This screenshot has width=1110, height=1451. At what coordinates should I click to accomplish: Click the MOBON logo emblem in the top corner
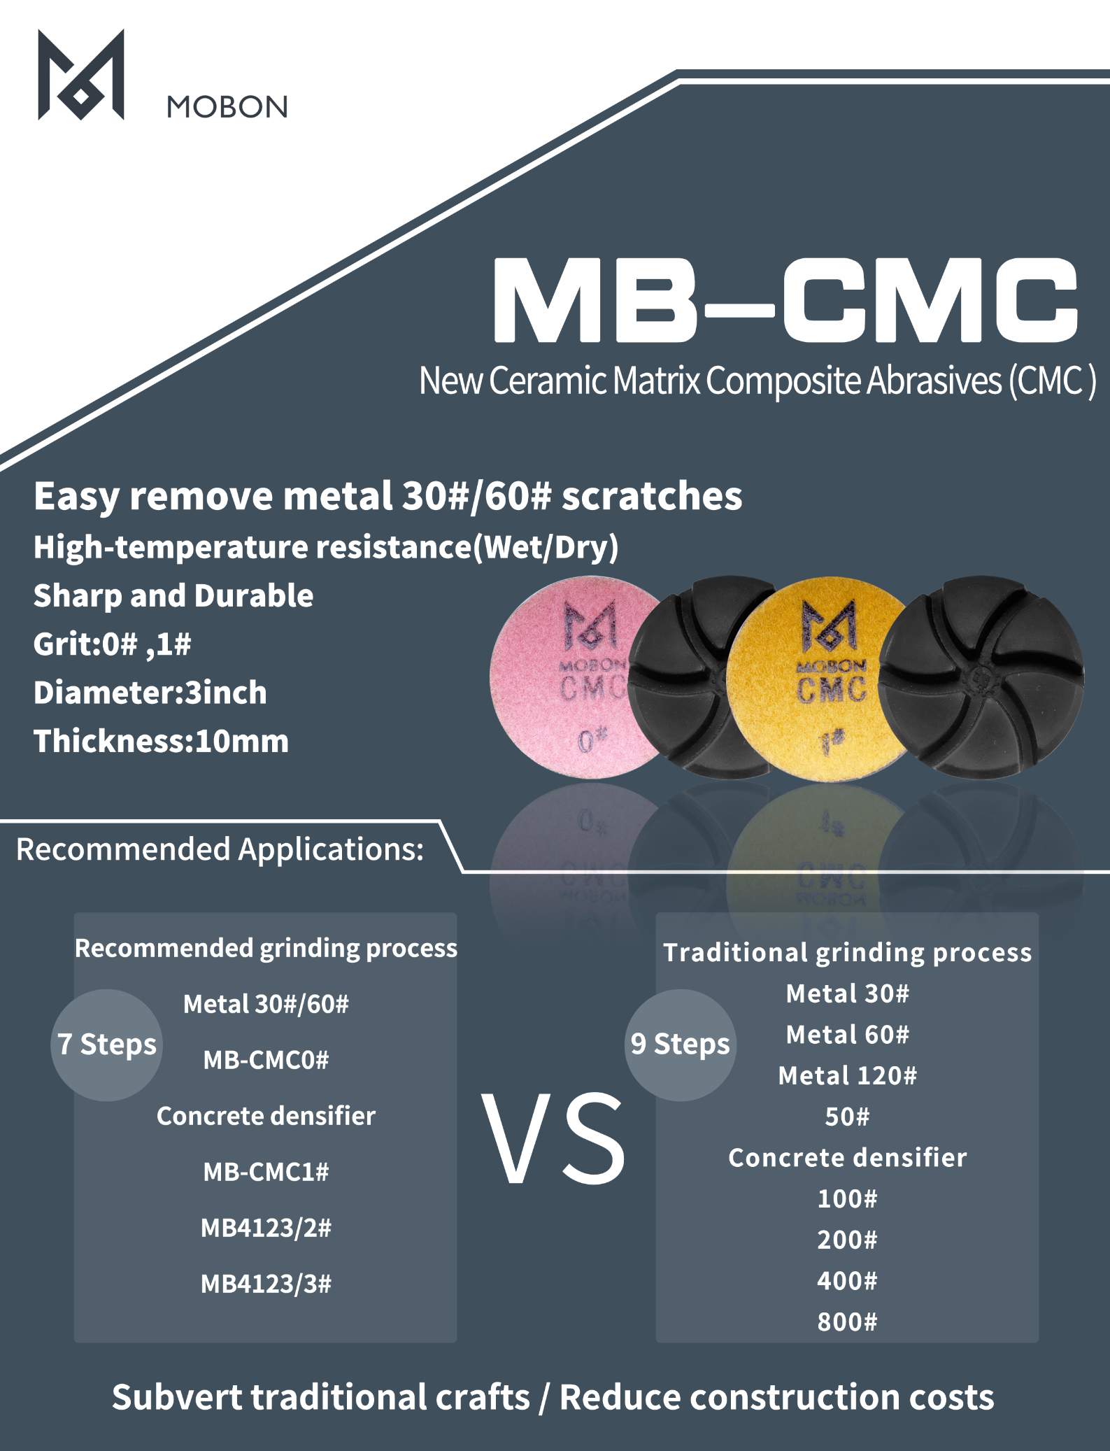pos(81,75)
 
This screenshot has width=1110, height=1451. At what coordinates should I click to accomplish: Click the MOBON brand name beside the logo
pos(227,107)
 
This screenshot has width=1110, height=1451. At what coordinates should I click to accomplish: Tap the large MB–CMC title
pos(785,300)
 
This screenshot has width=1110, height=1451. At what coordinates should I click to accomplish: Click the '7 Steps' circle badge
pos(107,1045)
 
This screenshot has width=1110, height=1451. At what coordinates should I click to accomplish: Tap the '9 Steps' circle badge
pos(681,1045)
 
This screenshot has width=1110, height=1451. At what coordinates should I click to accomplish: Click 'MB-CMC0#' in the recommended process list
pos(266,1060)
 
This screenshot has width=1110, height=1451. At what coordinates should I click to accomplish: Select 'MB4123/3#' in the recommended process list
pos(266,1284)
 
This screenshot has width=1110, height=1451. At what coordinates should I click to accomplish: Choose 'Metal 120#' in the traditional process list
pos(847,1075)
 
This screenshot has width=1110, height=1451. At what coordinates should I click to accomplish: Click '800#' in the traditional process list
pos(847,1322)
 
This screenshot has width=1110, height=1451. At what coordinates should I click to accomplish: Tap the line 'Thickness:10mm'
pos(161,741)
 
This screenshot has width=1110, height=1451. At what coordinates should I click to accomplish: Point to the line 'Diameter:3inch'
pos(150,693)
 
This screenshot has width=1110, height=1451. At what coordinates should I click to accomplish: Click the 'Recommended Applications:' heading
pos(220,849)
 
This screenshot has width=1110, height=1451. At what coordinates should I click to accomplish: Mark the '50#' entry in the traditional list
pos(847,1117)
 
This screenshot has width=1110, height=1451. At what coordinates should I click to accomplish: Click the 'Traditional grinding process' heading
pos(847,952)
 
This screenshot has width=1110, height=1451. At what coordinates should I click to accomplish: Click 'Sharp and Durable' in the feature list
pos(173,595)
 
